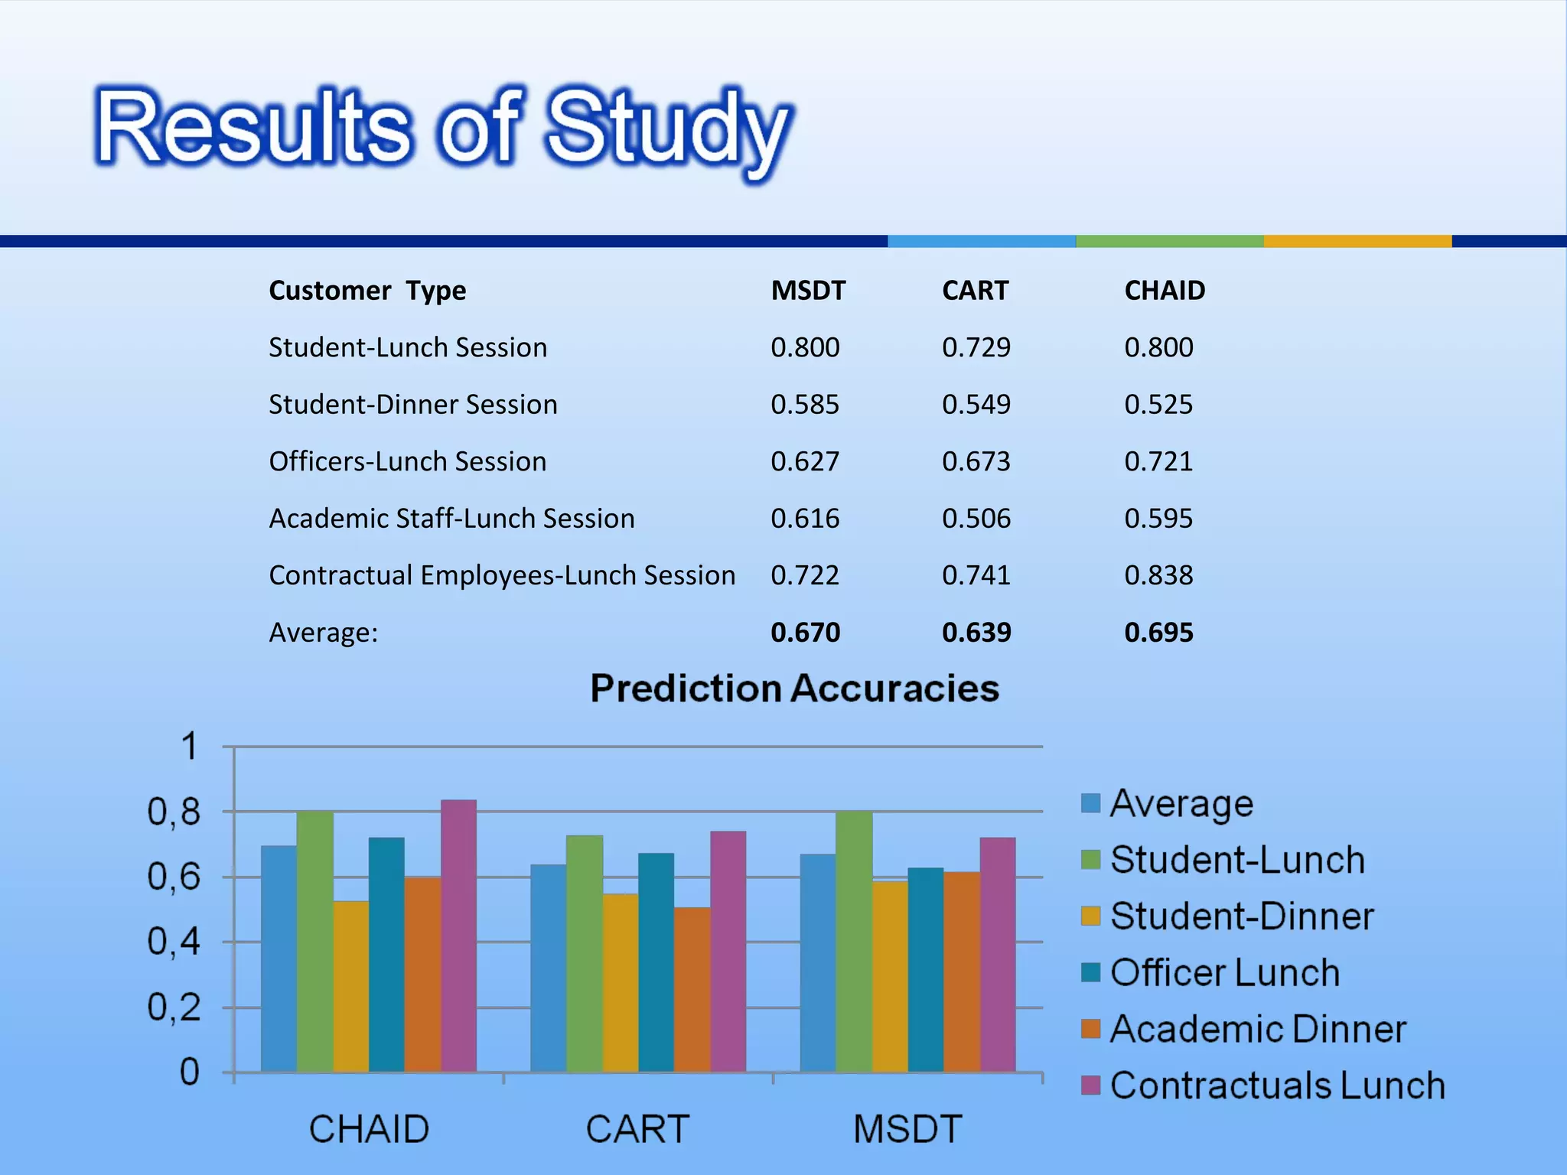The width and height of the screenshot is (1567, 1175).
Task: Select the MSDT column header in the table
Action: pyautogui.click(x=808, y=291)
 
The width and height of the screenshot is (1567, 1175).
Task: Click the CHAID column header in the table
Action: pyautogui.click(x=1165, y=291)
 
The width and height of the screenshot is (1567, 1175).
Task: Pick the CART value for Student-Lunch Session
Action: pyautogui.click(x=976, y=347)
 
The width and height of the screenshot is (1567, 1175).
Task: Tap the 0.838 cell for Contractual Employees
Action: pyautogui.click(x=1158, y=575)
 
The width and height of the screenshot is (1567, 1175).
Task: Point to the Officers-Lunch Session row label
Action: pyautogui.click(x=407, y=461)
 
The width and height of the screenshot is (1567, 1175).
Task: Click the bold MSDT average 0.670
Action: pyautogui.click(x=805, y=633)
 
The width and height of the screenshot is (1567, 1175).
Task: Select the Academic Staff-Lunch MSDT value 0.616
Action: pyautogui.click(x=805, y=519)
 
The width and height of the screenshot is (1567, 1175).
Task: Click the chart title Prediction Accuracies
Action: pyautogui.click(x=794, y=688)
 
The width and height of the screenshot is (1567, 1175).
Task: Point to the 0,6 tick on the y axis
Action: pyautogui.click(x=174, y=877)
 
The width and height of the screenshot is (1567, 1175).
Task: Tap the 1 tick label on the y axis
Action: pyautogui.click(x=189, y=746)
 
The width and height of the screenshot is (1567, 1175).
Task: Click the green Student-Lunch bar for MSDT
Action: pyautogui.click(x=854, y=941)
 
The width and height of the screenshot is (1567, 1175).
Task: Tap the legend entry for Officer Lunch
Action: pyautogui.click(x=1224, y=973)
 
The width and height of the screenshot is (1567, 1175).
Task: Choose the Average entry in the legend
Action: pyautogui.click(x=1181, y=803)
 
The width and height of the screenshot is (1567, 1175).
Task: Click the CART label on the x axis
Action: pyautogui.click(x=637, y=1129)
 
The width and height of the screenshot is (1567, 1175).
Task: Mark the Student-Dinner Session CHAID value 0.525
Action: pyautogui.click(x=1158, y=405)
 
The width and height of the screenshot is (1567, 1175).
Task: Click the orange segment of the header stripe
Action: pyautogui.click(x=1357, y=241)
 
